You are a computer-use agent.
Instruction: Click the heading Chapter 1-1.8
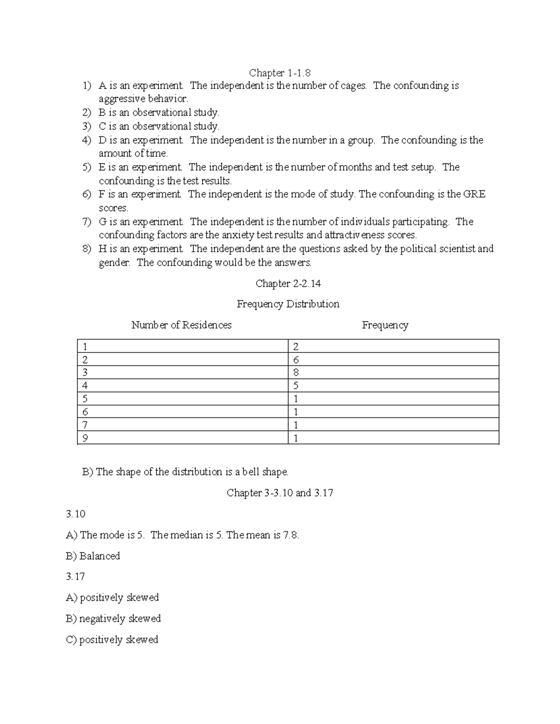pos(280,73)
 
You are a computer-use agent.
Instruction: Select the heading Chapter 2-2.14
pos(288,283)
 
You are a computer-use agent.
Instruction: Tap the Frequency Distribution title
pos(287,304)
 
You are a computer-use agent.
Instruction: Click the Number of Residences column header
pos(181,325)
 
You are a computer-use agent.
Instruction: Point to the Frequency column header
pos(385,325)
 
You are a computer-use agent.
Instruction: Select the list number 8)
pos(87,249)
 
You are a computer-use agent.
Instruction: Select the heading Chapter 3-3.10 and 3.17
pos(280,493)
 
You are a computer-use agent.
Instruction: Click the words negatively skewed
pos(120,619)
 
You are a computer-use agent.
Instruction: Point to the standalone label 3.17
pos(75,577)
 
